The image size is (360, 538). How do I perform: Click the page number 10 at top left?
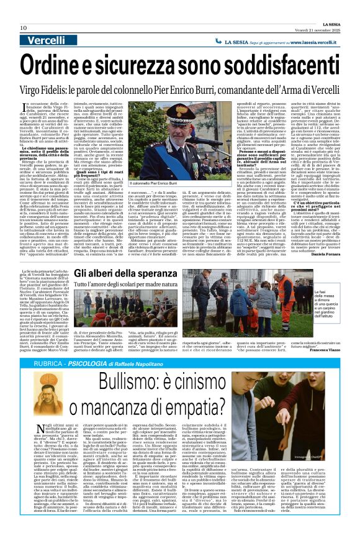tap(23, 28)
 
